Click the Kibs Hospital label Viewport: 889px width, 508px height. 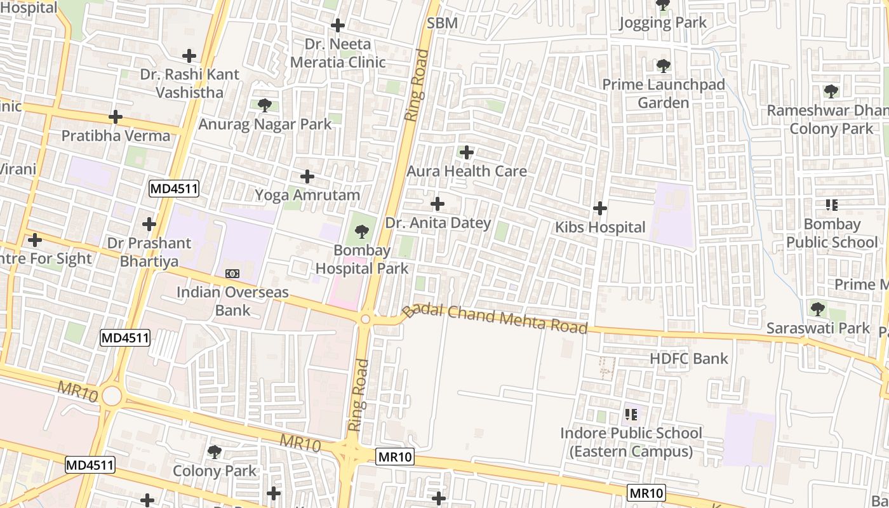(600, 227)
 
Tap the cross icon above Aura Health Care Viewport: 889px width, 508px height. (467, 152)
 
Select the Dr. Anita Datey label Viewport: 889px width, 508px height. (438, 223)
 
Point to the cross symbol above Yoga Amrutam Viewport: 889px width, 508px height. (307, 177)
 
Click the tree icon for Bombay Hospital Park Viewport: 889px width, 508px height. (362, 232)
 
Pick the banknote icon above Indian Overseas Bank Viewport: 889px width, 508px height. (232, 273)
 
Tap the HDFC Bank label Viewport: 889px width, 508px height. (689, 359)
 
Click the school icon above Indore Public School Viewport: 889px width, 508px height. (631, 415)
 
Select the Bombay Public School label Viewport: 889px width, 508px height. (832, 233)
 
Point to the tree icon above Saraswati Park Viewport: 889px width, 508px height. (818, 309)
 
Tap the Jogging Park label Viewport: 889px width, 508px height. (663, 23)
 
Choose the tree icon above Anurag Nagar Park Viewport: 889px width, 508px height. (265, 105)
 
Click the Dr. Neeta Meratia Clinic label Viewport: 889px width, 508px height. (338, 53)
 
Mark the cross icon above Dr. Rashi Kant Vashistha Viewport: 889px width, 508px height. (189, 56)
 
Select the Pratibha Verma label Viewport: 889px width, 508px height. (116, 136)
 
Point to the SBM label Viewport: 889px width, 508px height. (442, 23)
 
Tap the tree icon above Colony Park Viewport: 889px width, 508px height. (215, 452)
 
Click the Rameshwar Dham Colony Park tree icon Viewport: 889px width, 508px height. (831, 91)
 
